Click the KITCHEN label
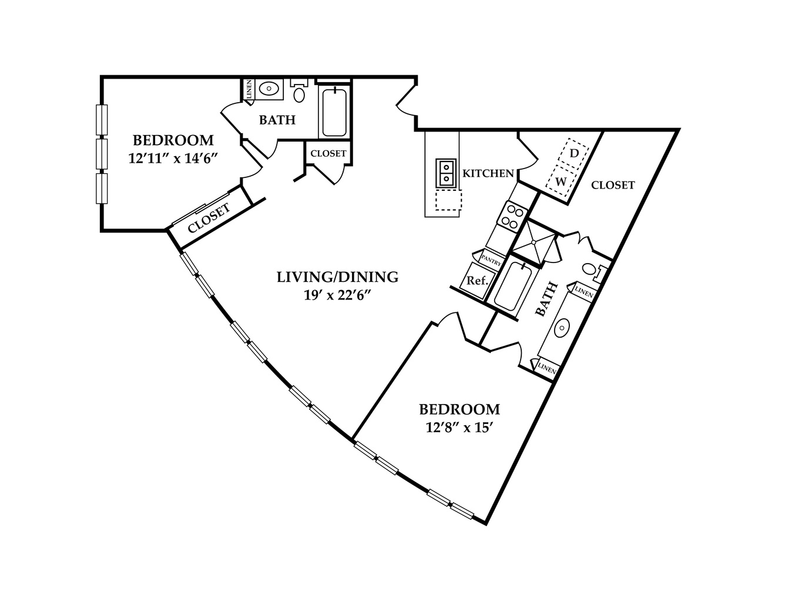click(x=488, y=174)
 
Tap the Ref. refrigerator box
click(x=478, y=281)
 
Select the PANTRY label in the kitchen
click(x=491, y=260)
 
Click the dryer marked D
click(x=573, y=153)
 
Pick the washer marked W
click(x=561, y=181)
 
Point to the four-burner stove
click(x=512, y=215)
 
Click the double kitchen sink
click(x=447, y=173)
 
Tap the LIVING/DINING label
click(x=337, y=277)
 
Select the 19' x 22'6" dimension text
click(x=337, y=295)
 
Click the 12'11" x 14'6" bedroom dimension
click(x=173, y=159)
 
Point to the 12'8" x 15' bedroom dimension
click(x=459, y=428)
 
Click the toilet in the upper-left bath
click(x=299, y=90)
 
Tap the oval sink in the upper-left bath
click(x=269, y=89)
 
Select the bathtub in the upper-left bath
click(x=334, y=112)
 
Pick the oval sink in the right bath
click(x=562, y=328)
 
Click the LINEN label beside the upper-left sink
click(x=249, y=89)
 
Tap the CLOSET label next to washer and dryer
click(x=613, y=185)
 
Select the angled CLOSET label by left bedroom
click(x=209, y=218)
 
